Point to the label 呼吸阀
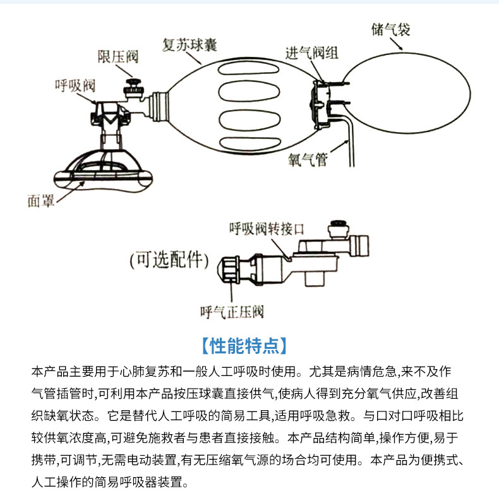75,85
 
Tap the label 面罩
41,200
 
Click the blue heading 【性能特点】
249,346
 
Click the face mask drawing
101,171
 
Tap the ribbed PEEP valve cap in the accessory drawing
229,269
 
